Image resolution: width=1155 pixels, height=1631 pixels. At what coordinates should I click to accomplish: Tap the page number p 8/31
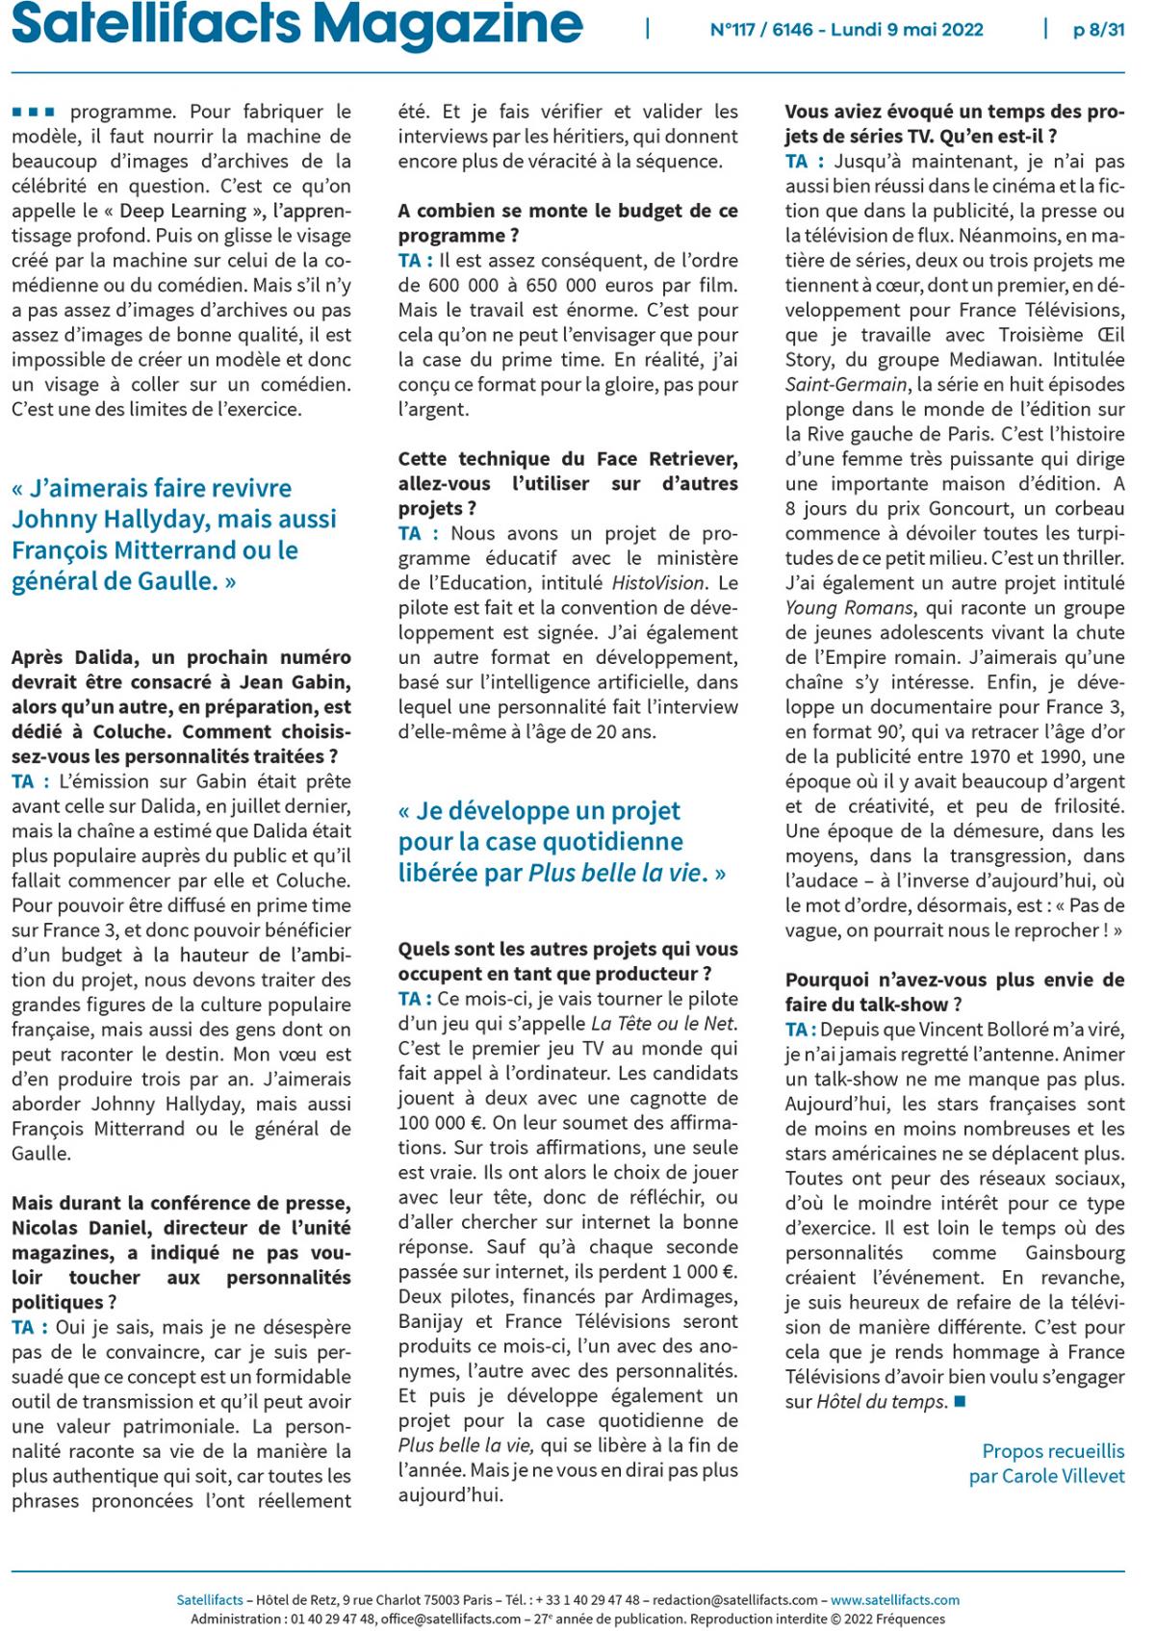click(1098, 30)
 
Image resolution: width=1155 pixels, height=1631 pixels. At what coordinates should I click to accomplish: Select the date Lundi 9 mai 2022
click(907, 30)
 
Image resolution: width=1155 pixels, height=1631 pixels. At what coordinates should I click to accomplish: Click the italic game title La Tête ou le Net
click(663, 1024)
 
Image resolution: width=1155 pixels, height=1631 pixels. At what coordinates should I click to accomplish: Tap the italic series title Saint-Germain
click(846, 385)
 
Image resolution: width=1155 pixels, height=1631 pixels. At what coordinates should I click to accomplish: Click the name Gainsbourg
click(1074, 1253)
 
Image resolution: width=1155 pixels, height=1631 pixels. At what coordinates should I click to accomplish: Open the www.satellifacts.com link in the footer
click(895, 1600)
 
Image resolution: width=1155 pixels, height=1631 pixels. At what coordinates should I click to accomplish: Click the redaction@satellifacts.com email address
click(735, 1600)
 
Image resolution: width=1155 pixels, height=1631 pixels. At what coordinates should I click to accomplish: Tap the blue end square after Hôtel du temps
click(959, 1401)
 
